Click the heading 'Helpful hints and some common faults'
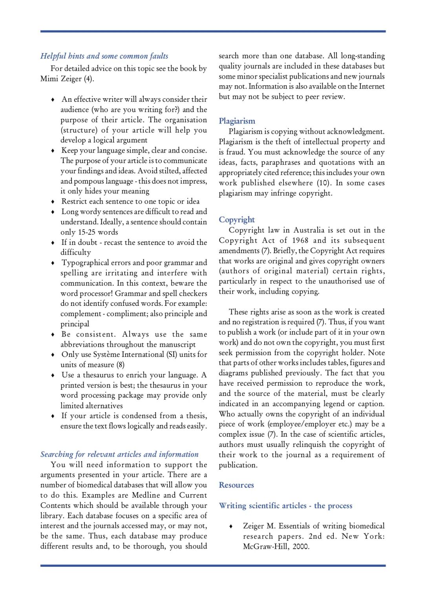(x=104, y=56)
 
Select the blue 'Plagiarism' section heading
(x=237, y=121)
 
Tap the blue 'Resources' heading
(x=236, y=485)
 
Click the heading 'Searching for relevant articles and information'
(x=119, y=454)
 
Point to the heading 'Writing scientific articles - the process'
(x=285, y=505)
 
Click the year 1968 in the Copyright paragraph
(x=300, y=240)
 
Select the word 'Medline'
(x=146, y=495)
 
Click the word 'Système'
(x=103, y=355)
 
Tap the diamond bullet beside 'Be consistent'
(x=53, y=335)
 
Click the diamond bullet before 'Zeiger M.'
(x=231, y=526)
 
